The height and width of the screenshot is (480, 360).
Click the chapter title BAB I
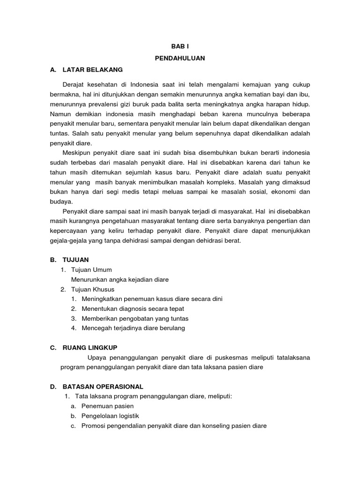coord(180,47)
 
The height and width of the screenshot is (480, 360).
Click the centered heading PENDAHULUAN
coord(180,58)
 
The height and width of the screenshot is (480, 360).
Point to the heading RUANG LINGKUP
coord(94,347)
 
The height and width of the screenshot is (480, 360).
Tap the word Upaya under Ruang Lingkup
coord(97,357)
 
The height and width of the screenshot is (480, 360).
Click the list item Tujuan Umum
coord(91,270)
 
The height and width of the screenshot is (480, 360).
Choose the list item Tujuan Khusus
coord(92,289)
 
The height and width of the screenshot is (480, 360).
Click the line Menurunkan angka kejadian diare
coord(120,279)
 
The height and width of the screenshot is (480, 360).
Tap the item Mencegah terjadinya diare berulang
coord(133,328)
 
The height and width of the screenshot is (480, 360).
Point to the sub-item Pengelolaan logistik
coord(110,416)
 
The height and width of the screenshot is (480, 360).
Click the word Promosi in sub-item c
coord(93,426)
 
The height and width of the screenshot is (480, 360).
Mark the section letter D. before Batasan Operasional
coord(53,387)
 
